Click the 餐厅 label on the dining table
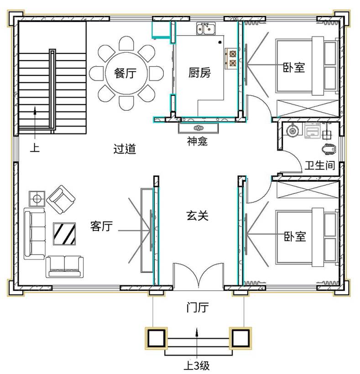pos(125,73)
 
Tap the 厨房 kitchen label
pos(200,73)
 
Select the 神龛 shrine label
pos(197,141)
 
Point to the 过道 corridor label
pos(125,149)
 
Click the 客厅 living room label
pos(101,226)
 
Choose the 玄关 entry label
pos(197,215)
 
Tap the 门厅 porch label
pos(197,307)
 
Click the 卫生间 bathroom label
pos(320,165)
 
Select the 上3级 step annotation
pos(197,365)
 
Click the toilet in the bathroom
pos(329,149)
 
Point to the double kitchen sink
pos(206,29)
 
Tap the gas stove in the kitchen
pos(231,58)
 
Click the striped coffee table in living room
pos(64,234)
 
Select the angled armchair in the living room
pos(61,199)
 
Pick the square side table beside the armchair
pos(37,198)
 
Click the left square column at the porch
pos(156,338)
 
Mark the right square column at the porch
pos(240,338)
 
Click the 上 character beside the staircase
pos(35,147)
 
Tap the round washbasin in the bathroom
pos(292,131)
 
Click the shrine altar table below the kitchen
pos(198,128)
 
